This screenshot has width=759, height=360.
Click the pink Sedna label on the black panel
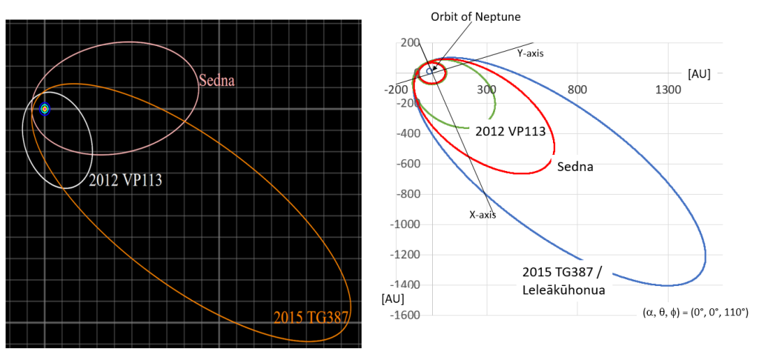[x=217, y=80]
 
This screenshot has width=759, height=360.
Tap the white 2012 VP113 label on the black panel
[x=125, y=181]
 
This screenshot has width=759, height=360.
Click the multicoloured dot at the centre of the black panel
[x=44, y=109]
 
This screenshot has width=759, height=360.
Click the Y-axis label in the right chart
[x=531, y=54]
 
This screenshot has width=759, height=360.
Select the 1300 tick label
[x=668, y=90]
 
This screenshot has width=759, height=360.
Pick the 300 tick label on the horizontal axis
[x=487, y=90]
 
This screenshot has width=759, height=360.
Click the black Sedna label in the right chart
[x=575, y=167]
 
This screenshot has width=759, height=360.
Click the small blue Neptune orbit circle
[x=429, y=70]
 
